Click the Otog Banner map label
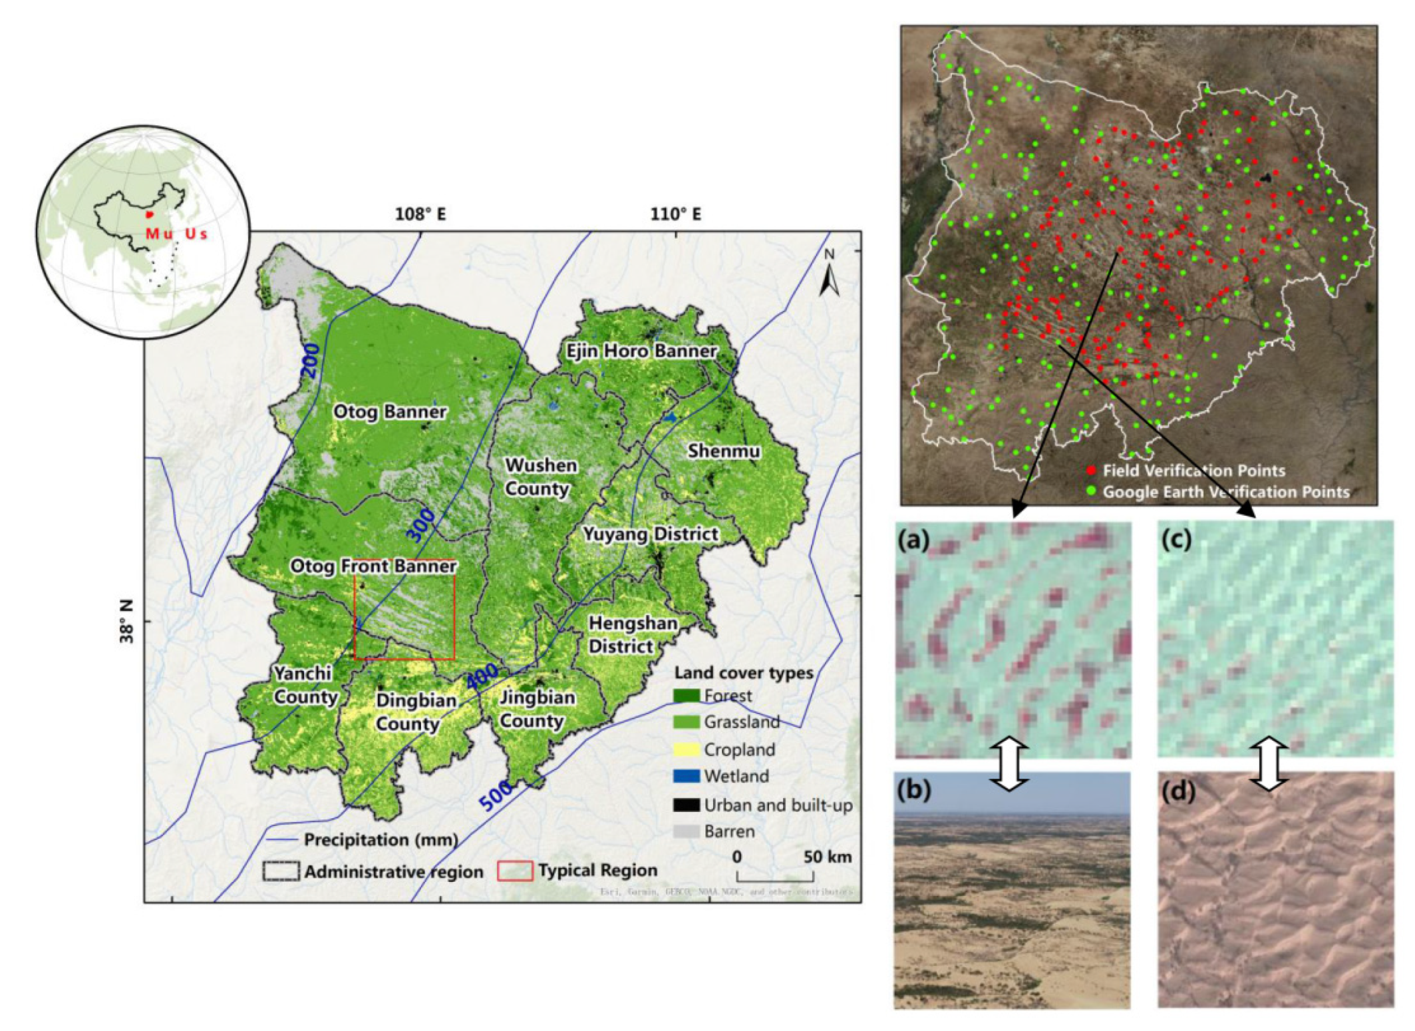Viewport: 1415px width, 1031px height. coord(389,411)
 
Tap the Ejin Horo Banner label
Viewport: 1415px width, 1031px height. coord(641,351)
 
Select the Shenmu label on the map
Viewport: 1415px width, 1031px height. coord(723,451)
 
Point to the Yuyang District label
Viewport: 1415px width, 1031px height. coord(650,534)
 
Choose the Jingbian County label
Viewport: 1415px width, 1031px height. coord(536,709)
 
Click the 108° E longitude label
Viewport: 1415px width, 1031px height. coord(420,214)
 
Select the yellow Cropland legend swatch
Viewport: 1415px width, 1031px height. coord(686,749)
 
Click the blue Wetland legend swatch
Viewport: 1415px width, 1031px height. coord(686,776)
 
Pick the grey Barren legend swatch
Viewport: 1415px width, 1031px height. coord(686,831)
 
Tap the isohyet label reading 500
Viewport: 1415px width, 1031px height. coord(496,797)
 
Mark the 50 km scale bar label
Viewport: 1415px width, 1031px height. coord(827,857)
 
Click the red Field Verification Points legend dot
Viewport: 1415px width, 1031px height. coord(1090,471)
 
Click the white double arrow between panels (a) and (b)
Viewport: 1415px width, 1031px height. coord(1009,763)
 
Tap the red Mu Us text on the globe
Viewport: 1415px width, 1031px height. coord(176,234)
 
